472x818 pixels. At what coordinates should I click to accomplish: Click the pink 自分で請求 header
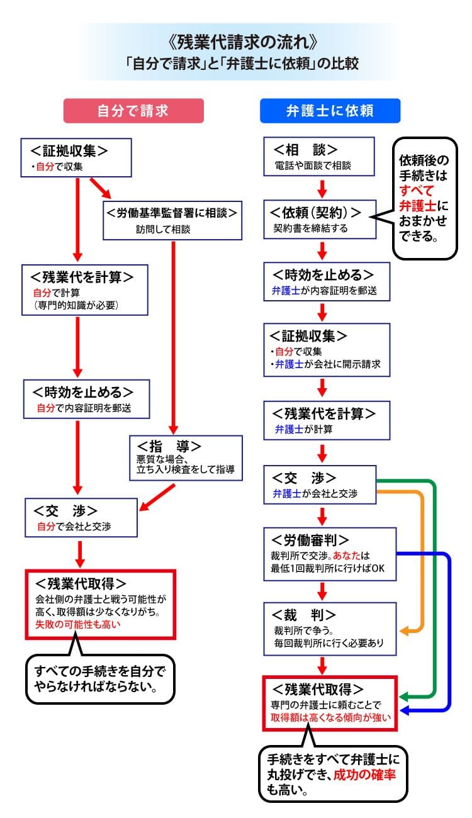click(x=133, y=111)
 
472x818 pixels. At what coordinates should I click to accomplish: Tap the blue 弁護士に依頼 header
click(x=330, y=111)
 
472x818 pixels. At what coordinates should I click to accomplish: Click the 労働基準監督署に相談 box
click(x=172, y=220)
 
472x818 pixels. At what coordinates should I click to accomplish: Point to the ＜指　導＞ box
click(x=186, y=457)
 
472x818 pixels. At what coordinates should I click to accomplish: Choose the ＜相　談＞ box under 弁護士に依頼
click(x=320, y=157)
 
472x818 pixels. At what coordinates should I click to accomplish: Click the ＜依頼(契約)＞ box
click(x=320, y=220)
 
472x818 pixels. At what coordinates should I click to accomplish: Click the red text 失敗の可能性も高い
click(x=77, y=625)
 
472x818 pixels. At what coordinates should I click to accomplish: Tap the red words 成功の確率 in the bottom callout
click(x=374, y=773)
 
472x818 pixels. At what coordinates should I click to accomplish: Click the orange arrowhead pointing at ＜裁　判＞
click(x=404, y=630)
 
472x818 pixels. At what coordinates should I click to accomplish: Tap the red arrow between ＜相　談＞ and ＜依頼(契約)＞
click(x=322, y=188)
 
